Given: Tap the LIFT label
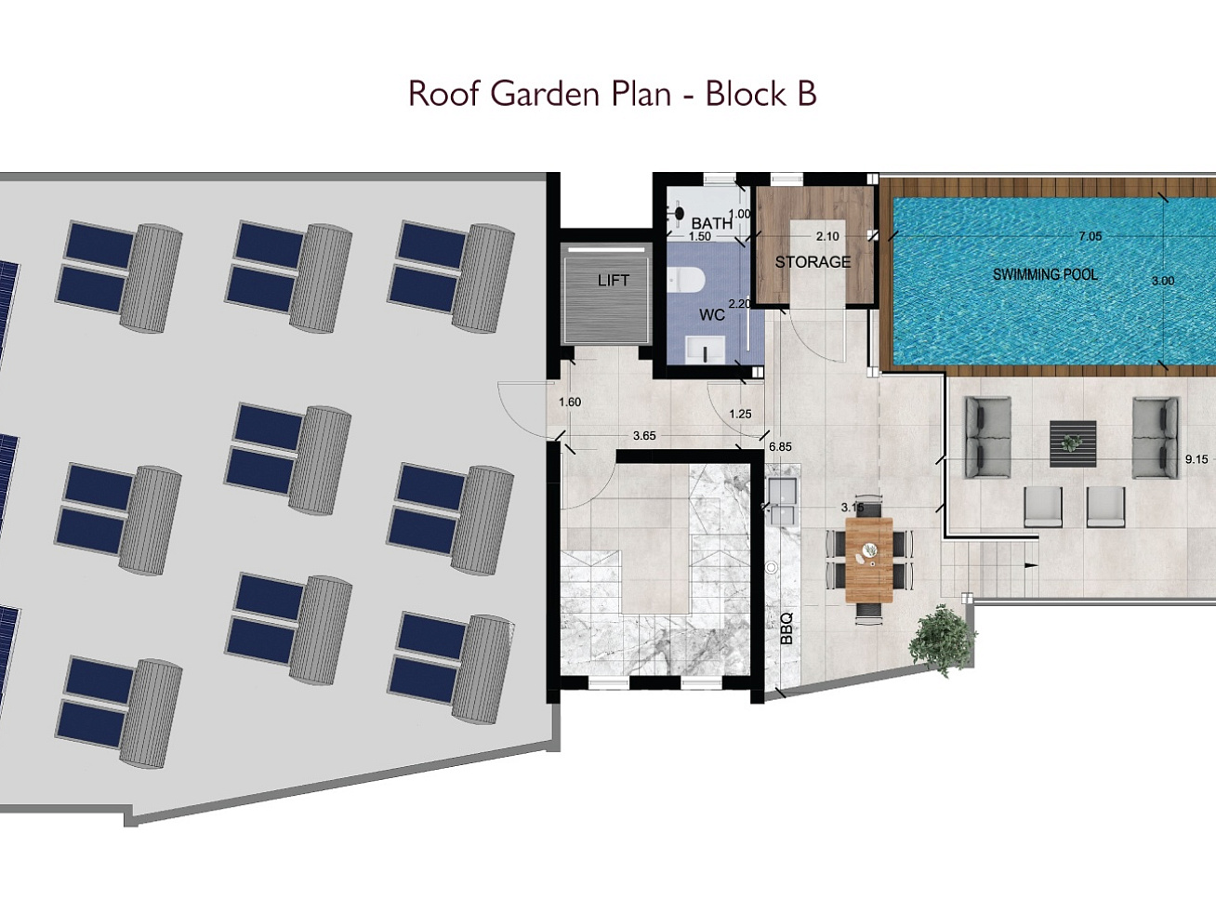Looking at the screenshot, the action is point(614,280).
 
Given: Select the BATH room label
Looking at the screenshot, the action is point(711,223).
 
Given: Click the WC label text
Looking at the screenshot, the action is point(712,314).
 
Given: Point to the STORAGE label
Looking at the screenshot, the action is point(813,262).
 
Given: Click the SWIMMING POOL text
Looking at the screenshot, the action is point(1045,274).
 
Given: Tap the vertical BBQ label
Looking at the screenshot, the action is point(786,628).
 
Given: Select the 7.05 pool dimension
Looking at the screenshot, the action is point(1090,236).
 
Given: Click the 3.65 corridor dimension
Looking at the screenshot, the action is point(644,436).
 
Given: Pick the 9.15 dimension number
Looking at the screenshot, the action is point(1196,459).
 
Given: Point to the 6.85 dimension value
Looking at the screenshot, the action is point(780,446).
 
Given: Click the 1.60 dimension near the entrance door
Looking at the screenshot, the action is point(570,402).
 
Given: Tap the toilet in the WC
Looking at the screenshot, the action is point(686,280).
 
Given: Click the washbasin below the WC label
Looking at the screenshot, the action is point(706,350).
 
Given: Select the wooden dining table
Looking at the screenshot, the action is point(869,560).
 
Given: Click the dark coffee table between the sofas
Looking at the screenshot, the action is point(1073,443).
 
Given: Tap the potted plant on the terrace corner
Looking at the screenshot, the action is point(941,641).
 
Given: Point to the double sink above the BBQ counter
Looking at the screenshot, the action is point(783,501).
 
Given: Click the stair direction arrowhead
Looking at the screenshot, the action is point(1031,565).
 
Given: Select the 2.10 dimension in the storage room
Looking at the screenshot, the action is point(827,236).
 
